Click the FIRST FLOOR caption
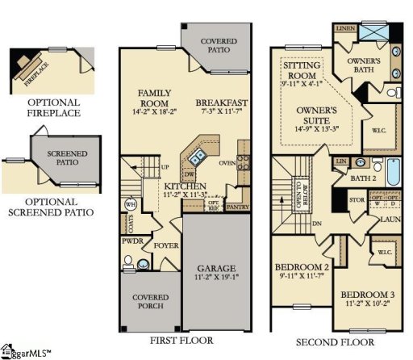point(181,341)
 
